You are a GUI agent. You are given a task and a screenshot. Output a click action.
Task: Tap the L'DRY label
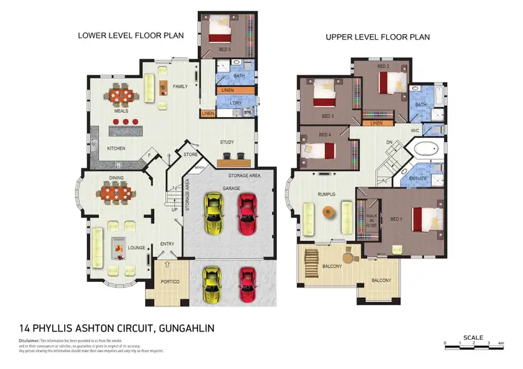[235, 104]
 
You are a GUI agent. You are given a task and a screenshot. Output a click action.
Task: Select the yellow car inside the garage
[213, 215]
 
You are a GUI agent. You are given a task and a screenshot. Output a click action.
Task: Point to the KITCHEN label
[116, 148]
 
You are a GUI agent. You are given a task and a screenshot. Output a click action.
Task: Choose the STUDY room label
[227, 142]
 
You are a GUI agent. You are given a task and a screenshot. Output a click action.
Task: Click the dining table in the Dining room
[116, 192]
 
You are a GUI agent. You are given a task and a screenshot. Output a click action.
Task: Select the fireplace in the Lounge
[118, 247]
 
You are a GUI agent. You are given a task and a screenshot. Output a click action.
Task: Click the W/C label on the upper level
[414, 130]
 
